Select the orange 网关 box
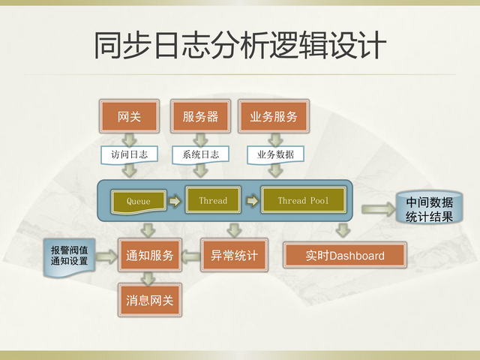[130, 116]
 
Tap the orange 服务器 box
[199, 116]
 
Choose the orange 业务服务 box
[273, 116]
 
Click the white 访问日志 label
[129, 154]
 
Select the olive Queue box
[139, 201]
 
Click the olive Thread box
[213, 200]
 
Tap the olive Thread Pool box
[303, 200]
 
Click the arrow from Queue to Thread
[175, 201]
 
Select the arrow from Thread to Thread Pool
[252, 201]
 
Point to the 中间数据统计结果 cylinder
[428, 209]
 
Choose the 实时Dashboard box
[344, 256]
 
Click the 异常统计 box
[234, 256]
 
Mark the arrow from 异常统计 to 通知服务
[191, 256]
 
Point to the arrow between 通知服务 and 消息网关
[149, 278]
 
